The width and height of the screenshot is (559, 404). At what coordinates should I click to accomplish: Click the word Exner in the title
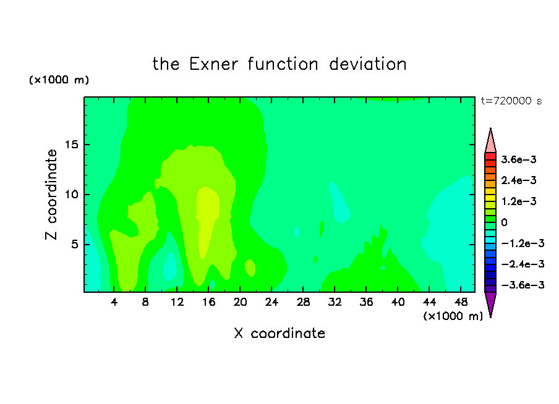(x=213, y=64)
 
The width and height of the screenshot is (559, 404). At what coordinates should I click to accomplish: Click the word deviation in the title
(x=368, y=64)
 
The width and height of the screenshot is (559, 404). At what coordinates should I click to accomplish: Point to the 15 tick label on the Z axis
(x=72, y=145)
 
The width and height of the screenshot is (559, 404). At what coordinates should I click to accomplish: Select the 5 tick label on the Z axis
(x=74, y=245)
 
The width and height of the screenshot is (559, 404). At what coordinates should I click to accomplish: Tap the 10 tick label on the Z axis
(x=72, y=195)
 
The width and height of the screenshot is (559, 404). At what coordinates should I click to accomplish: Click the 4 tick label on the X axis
(x=114, y=302)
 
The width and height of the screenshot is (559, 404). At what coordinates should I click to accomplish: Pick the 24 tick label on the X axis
(x=271, y=302)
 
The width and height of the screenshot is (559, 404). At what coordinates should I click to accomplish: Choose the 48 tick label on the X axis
(x=461, y=302)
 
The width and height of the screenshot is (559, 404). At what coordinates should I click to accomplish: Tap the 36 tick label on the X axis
(x=367, y=302)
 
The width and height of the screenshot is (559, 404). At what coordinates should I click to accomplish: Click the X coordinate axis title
(x=279, y=333)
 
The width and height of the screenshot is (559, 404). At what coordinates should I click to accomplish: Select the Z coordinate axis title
(x=51, y=195)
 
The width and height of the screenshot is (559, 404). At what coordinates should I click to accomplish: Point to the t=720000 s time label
(x=511, y=101)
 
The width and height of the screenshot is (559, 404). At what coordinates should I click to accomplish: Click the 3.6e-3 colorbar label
(x=519, y=159)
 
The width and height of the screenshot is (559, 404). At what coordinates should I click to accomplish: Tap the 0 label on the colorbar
(x=504, y=222)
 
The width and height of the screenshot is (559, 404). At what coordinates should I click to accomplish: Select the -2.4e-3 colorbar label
(x=523, y=264)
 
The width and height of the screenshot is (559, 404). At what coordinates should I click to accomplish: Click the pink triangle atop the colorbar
(x=490, y=141)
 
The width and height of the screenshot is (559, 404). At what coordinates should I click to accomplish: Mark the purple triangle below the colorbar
(x=490, y=304)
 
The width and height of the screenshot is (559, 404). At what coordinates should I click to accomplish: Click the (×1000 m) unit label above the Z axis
(x=59, y=80)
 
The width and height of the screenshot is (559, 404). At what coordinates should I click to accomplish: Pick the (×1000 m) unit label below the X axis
(x=453, y=316)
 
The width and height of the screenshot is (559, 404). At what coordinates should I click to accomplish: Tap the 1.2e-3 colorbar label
(x=519, y=201)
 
